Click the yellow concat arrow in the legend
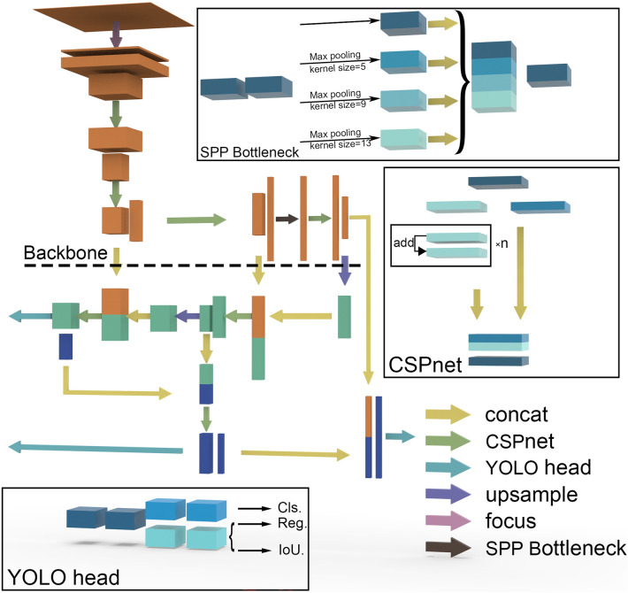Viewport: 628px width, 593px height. pos(448,414)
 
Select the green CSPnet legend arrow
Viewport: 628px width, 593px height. pos(448,441)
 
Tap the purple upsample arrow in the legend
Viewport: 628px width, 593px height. pos(448,494)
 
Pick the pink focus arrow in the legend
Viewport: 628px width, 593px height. pos(448,520)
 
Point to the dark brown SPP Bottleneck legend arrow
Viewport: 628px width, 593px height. pos(448,547)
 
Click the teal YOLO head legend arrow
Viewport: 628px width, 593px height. pos(448,467)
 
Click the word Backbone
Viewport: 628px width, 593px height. pos(65,253)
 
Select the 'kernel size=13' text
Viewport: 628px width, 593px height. pos(341,144)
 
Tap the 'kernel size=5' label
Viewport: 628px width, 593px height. pos(338,68)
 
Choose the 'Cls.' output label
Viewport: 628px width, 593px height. pos(289,508)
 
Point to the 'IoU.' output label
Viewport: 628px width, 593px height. pos(291,551)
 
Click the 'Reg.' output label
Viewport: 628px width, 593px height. pos(293,523)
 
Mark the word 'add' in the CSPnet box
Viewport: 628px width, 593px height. pos(403,243)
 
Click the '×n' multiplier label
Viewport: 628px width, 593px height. pos(502,243)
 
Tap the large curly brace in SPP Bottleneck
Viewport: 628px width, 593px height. pos(463,81)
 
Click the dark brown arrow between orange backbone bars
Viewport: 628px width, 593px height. pos(287,219)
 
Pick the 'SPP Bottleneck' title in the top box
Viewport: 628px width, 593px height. pos(249,152)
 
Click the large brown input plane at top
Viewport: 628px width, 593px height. pos(113,17)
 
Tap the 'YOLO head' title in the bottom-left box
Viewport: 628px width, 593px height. pos(64,577)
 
